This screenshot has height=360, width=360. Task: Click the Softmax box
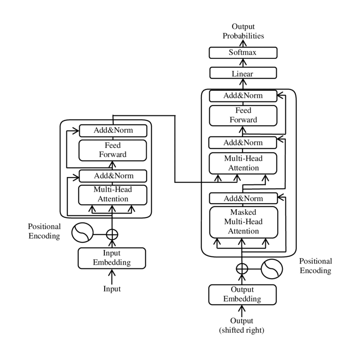[243, 53]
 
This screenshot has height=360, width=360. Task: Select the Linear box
[243, 74]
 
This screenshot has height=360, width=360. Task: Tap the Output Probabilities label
[243, 32]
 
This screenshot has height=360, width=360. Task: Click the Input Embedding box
[112, 258]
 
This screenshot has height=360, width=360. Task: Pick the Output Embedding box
[242, 294]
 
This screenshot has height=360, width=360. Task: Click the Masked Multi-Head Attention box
[243, 222]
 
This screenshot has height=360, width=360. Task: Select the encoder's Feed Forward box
[113, 150]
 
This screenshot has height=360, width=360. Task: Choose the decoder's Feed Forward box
[243, 115]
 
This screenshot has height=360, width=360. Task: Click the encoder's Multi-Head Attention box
[113, 194]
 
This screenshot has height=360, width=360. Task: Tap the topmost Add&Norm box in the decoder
[243, 96]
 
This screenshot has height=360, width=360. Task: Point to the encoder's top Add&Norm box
[113, 130]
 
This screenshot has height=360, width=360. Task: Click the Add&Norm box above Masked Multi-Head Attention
[243, 198]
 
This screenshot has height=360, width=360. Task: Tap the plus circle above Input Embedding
[112, 233]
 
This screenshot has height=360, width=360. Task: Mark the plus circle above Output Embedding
[242, 269]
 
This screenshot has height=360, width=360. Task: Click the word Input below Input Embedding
[112, 289]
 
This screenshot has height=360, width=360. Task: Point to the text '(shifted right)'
[242, 330]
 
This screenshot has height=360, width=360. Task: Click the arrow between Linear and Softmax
[243, 63]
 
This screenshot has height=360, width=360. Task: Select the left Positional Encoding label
[44, 231]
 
